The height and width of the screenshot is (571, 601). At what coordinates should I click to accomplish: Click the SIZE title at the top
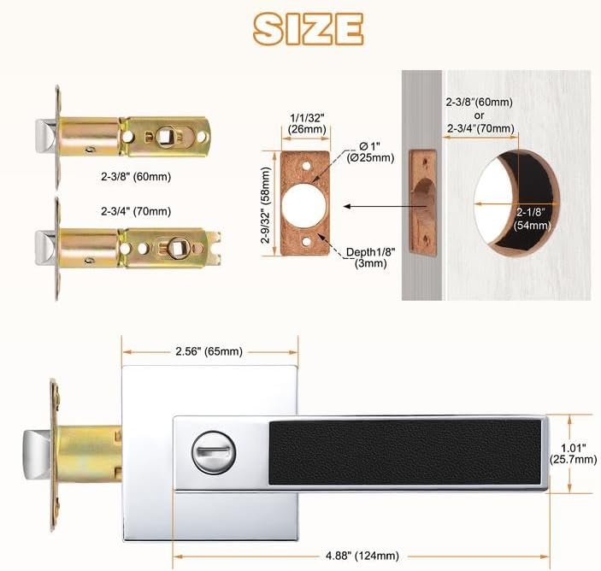308,29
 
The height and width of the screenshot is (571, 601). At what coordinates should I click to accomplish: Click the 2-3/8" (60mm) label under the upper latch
136,177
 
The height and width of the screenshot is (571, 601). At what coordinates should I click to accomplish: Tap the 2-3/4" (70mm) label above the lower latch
136,211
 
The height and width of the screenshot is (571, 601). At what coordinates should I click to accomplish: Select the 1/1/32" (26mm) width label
307,123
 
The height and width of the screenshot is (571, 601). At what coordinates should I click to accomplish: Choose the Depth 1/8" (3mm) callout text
371,257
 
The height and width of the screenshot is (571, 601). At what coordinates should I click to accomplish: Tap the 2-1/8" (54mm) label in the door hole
533,219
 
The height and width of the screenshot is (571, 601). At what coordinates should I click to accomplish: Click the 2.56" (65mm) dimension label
209,351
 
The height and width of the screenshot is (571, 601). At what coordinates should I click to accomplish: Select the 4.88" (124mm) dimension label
362,556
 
